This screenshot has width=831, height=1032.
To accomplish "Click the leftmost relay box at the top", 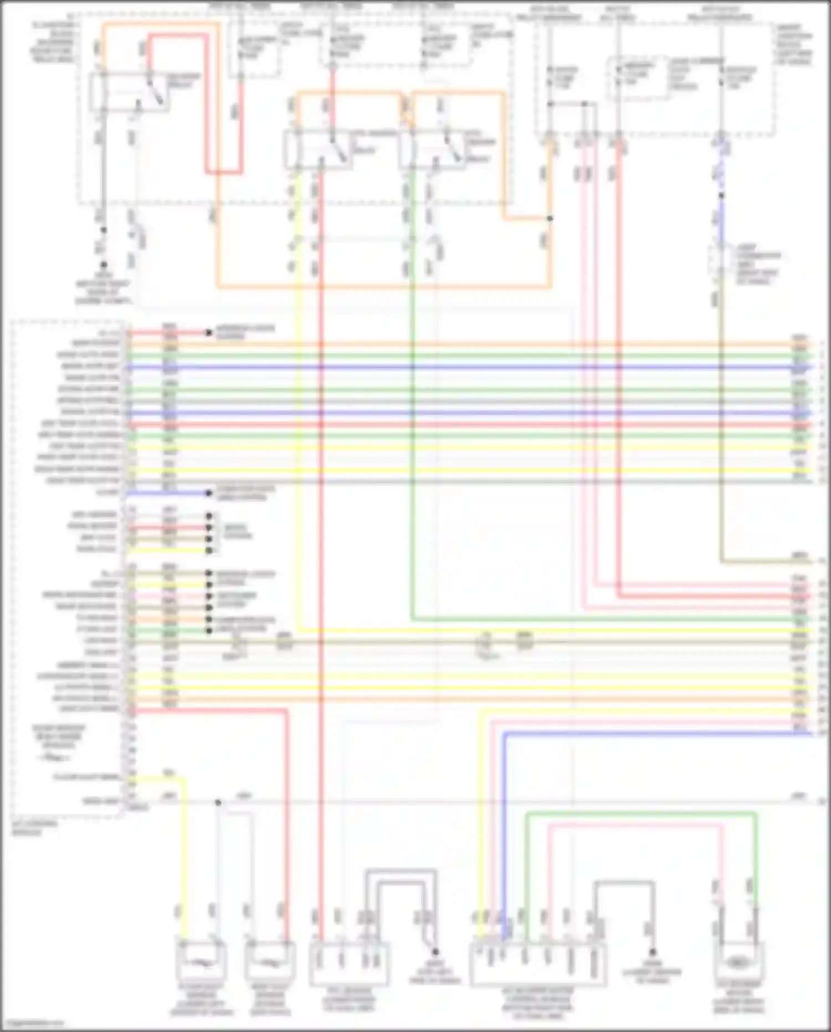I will point(130,92).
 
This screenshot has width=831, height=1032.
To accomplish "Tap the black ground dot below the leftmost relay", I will point(104,265).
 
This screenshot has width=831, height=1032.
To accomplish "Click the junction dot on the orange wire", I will point(550,218).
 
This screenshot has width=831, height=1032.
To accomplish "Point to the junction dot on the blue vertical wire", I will point(721,195).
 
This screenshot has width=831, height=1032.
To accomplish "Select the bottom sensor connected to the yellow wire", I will point(202,963).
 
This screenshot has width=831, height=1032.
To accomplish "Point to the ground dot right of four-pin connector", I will point(435,952).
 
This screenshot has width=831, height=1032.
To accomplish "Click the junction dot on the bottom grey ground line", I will point(218,802).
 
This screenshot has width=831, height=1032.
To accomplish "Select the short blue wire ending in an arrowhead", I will point(169,493).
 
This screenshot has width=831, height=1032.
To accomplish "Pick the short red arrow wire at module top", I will point(169,333).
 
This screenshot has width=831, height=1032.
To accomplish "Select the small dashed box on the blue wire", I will point(720,265).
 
